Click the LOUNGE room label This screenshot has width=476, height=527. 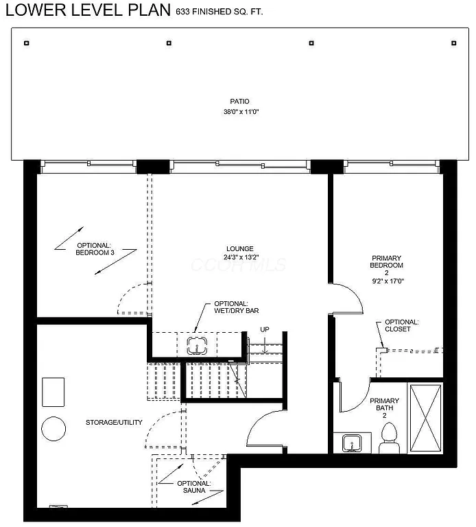pyautogui.click(x=240, y=249)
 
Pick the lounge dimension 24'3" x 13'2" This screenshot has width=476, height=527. pyautogui.click(x=240, y=258)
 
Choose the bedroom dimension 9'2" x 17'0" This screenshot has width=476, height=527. pyautogui.click(x=387, y=280)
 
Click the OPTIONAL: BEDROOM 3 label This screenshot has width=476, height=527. pyautogui.click(x=95, y=249)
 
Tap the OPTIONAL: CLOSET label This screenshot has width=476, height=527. pyautogui.click(x=401, y=325)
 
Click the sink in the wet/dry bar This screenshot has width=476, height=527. pyautogui.click(x=198, y=345)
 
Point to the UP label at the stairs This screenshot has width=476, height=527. pyautogui.click(x=265, y=329)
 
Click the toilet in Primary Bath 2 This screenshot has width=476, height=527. pyautogui.click(x=389, y=438)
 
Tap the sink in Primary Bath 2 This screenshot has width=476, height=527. pyautogui.click(x=352, y=443)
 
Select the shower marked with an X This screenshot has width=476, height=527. pyautogui.click(x=425, y=417)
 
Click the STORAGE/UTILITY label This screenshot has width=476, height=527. pyautogui.click(x=114, y=422)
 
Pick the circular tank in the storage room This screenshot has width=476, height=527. pyautogui.click(x=53, y=430)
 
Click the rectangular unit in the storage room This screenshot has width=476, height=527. pyautogui.click(x=53, y=392)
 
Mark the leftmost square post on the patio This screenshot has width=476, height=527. pyautogui.click(x=26, y=43)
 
